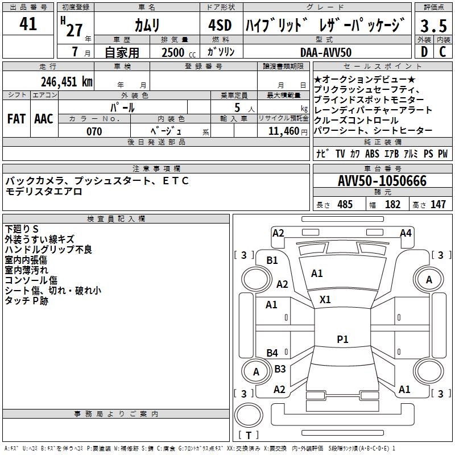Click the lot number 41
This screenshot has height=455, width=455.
28,24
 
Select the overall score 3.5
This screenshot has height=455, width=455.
433,26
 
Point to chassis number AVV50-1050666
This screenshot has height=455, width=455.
382,181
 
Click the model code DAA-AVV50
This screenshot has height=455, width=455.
326,52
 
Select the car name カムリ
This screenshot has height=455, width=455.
147,25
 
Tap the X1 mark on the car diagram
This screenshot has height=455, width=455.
325,299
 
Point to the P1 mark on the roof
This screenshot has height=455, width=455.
342,339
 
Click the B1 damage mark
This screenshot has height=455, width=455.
272,260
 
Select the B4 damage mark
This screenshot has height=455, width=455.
272,353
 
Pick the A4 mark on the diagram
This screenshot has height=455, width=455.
406,233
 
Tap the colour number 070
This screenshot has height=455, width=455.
94,131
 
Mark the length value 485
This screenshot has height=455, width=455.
345,204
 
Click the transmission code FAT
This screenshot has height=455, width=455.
16,119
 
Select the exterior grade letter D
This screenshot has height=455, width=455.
424,52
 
